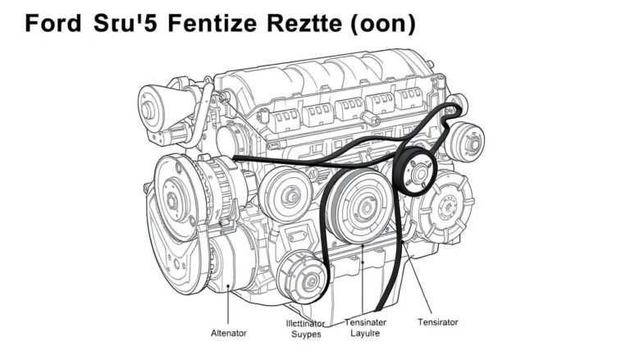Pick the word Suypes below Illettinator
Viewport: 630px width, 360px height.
(301, 335)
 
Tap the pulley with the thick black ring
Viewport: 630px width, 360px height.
(419, 171)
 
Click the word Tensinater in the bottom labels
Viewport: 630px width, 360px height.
(366, 322)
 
